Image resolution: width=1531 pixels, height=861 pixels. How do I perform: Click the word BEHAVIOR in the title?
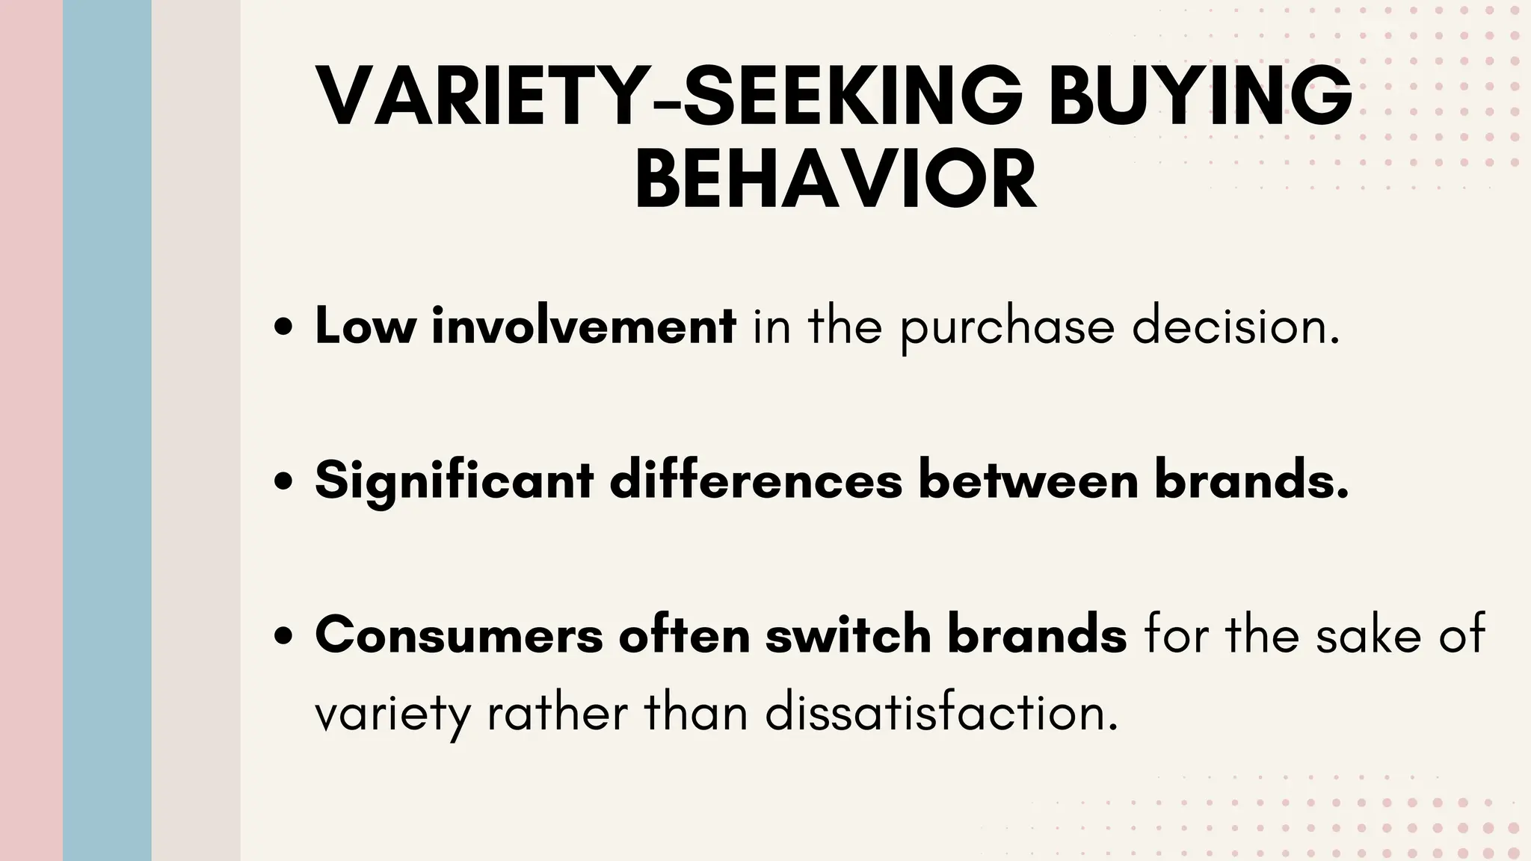pyautogui.click(x=836, y=180)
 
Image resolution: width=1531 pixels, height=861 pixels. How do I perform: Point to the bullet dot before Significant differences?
pyautogui.click(x=283, y=482)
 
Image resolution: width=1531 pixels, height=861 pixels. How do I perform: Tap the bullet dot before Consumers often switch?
pyautogui.click(x=283, y=636)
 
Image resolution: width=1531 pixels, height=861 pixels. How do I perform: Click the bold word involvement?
pyautogui.click(x=584, y=327)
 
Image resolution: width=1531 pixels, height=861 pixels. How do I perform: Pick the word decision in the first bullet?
pyautogui.click(x=1236, y=327)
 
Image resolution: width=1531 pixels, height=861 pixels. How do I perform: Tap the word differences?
pyautogui.click(x=757, y=481)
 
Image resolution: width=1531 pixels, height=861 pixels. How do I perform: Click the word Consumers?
pyautogui.click(x=459, y=635)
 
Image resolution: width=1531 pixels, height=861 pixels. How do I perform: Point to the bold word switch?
pyautogui.click(x=847, y=635)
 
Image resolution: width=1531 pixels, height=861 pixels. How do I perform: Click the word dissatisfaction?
pyautogui.click(x=942, y=713)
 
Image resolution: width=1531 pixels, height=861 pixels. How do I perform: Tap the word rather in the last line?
pyautogui.click(x=557, y=713)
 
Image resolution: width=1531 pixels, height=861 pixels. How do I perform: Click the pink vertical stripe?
pyautogui.click(x=31, y=430)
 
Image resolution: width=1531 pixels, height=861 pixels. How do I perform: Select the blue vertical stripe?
pyautogui.click(x=107, y=430)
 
